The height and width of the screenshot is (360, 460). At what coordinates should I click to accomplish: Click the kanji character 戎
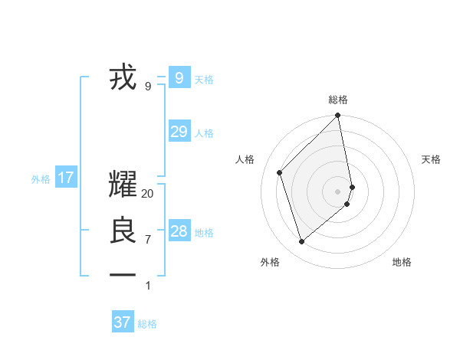pos(123,77)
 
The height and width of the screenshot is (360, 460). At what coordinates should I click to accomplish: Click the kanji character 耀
pos(123,185)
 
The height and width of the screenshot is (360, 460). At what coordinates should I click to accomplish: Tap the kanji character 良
pos(123,231)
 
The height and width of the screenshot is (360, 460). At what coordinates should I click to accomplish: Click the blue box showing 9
pos(179,77)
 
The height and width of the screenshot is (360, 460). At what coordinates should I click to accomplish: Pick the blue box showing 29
pos(179,132)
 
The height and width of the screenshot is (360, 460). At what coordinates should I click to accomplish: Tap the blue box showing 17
pos(66,178)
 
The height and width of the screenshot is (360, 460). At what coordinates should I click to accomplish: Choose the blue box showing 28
pos(179,231)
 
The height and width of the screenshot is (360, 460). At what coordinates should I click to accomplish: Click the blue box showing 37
pos(123,322)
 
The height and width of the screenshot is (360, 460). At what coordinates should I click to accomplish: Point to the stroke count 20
pos(148,194)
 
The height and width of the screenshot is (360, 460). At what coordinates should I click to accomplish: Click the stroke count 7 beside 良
pos(148,240)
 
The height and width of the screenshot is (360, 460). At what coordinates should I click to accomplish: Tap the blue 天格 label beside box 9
pos(204,80)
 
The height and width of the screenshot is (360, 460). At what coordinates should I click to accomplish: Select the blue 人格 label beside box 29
pos(204,133)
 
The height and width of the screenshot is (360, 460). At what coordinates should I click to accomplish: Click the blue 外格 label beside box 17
pos(41,180)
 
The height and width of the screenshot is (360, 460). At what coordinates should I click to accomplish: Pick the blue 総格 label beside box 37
pos(147,324)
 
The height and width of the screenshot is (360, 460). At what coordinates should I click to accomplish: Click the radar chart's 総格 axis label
pos(338,100)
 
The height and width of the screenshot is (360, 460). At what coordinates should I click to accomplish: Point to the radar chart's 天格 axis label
pos(432,159)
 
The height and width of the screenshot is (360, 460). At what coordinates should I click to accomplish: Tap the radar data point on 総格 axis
pos(338,116)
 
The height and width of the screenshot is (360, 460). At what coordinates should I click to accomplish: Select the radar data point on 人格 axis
pos(280,172)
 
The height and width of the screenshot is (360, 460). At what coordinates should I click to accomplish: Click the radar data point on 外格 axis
pos(302,241)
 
